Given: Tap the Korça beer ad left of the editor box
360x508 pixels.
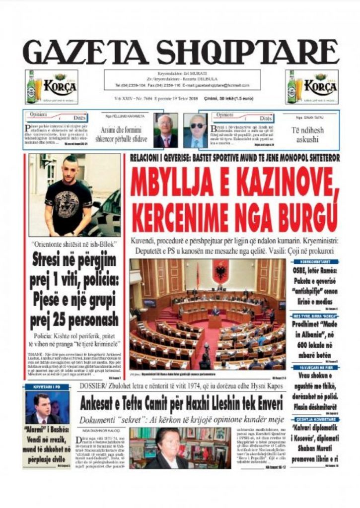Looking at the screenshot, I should [x=51, y=87].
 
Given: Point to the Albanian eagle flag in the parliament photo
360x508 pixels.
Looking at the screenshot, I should [x=220, y=272].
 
